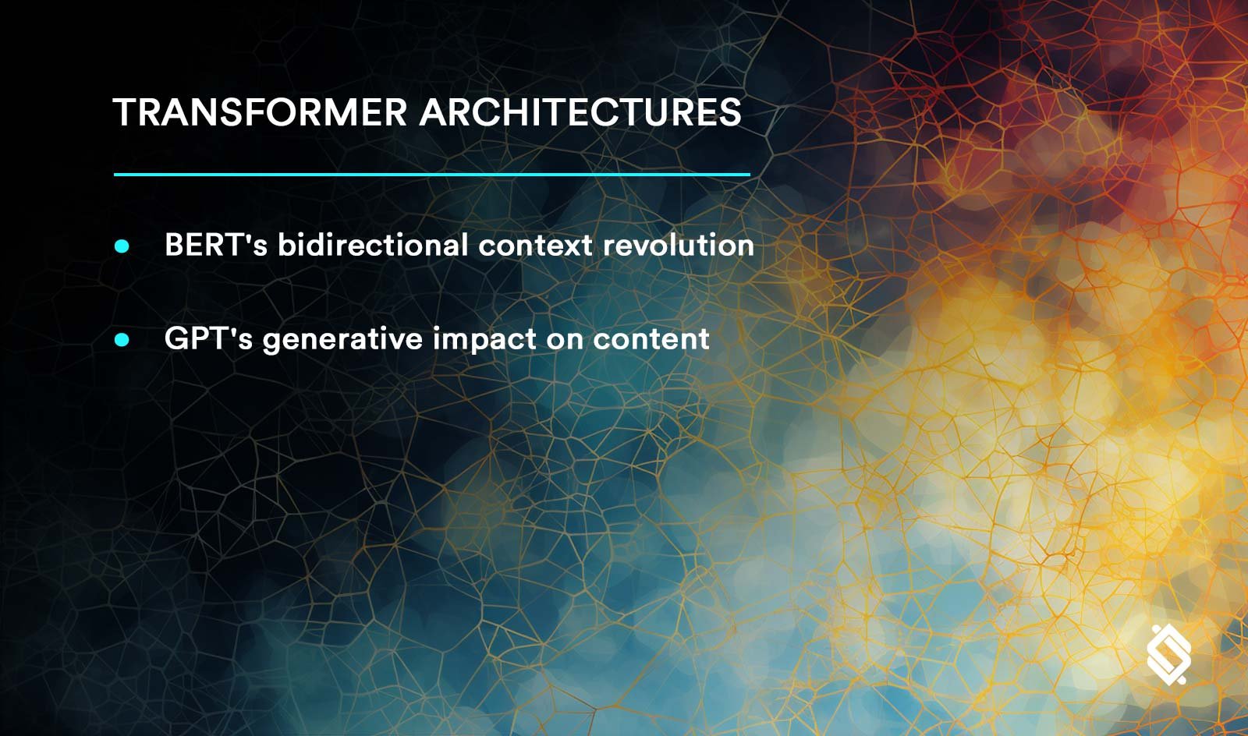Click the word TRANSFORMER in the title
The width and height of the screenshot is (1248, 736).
coord(260,112)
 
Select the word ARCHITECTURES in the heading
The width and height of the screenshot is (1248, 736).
coord(580,112)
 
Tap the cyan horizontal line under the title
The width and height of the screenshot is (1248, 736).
coord(432,175)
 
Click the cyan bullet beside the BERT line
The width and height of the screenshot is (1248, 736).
coord(122,246)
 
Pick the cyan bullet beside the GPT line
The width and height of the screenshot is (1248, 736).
coord(122,340)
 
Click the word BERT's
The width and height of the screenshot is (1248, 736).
coord(216,244)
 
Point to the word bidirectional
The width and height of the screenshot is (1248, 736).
coord(373,244)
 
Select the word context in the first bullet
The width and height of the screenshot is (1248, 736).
coord(535,246)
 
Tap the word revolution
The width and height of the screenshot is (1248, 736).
coord(679,244)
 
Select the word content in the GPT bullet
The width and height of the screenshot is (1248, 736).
coord(651,339)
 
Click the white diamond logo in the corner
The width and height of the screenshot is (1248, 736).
coord(1168,655)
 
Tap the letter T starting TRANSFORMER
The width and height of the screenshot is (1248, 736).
coord(124,112)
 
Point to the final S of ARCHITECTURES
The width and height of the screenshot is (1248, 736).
coord(729,112)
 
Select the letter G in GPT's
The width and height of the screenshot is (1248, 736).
coord(177,338)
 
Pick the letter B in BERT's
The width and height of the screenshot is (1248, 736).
coord(175,244)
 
